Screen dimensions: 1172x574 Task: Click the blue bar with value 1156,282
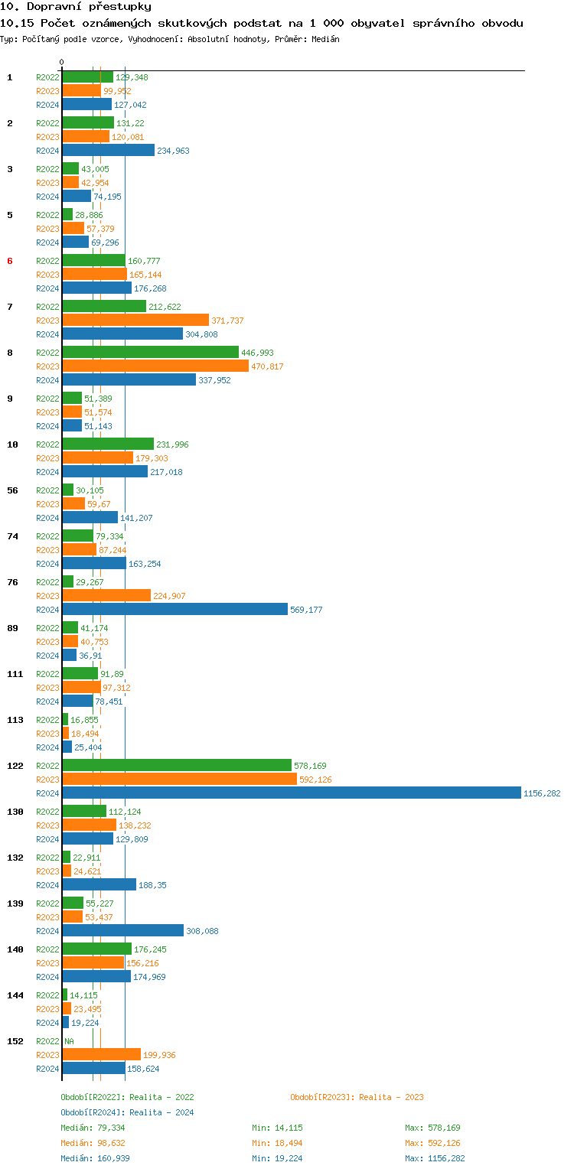click(x=291, y=793)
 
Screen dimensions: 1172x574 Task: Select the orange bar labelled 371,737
click(x=135, y=321)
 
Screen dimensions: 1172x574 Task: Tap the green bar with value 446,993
click(x=151, y=353)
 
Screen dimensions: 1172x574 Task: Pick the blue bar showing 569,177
click(x=175, y=610)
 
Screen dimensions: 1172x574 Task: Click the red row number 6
click(x=10, y=261)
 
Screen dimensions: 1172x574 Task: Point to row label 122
click(x=15, y=766)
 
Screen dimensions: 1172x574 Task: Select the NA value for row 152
click(x=69, y=1041)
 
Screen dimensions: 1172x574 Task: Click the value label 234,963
click(x=173, y=151)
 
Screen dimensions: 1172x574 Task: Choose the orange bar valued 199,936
click(x=102, y=1055)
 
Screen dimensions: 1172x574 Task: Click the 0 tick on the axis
click(x=62, y=62)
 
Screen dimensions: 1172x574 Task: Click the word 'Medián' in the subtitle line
click(x=325, y=38)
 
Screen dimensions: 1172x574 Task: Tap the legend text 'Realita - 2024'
click(x=161, y=1112)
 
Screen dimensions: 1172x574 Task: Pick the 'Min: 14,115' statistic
click(x=279, y=1128)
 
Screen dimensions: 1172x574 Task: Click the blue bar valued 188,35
click(x=99, y=885)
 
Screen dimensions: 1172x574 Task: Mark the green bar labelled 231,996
click(x=108, y=444)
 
